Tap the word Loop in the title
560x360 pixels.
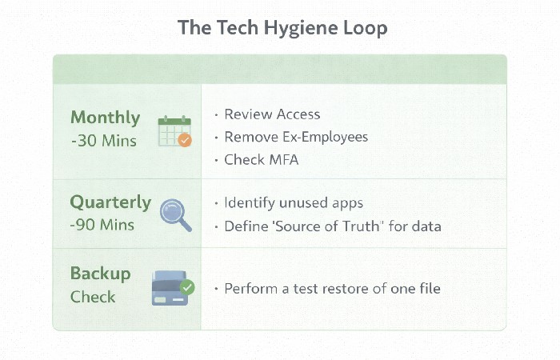(x=365, y=27)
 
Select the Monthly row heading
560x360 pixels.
(x=105, y=118)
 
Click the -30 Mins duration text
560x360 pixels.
(x=103, y=142)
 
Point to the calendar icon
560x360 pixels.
(x=173, y=131)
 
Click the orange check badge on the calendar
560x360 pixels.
(x=185, y=140)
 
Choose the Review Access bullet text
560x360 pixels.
(x=272, y=114)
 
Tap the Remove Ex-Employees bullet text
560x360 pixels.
(x=296, y=137)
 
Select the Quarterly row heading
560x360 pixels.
(x=110, y=202)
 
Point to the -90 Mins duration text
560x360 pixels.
(x=103, y=225)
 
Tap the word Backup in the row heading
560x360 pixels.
(x=100, y=274)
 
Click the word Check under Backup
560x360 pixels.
(x=93, y=297)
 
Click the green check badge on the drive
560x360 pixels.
(x=187, y=286)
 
